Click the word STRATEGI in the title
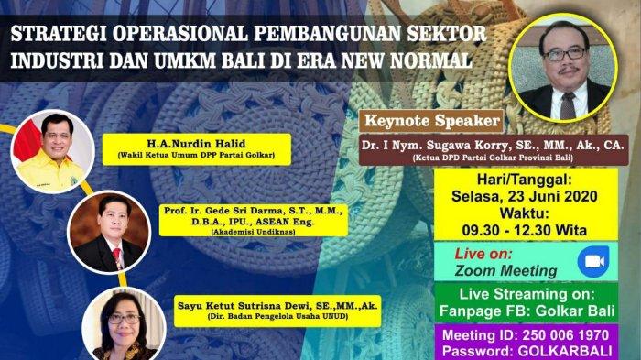pyautogui.click(x=58, y=35)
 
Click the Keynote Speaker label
pyautogui.click(x=432, y=121)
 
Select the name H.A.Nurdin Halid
pyautogui.click(x=196, y=144)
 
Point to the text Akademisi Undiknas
pyautogui.click(x=253, y=232)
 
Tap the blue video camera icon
pyautogui.click(x=593, y=261)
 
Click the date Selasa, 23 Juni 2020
pyautogui.click(x=525, y=196)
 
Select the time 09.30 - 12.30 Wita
pyautogui.click(x=525, y=230)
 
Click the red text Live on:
pyautogui.click(x=483, y=254)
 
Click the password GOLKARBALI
pyautogui.click(x=565, y=352)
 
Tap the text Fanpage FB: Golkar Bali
pyautogui.click(x=527, y=311)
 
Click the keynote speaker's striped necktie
pyautogui.click(x=568, y=105)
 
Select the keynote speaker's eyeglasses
pyautogui.click(x=564, y=54)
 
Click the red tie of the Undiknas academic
pyautogui.click(x=118, y=256)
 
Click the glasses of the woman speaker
pyautogui.click(x=125, y=319)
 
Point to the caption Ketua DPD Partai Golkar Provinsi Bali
pyautogui.click(x=493, y=158)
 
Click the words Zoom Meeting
pyautogui.click(x=505, y=271)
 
